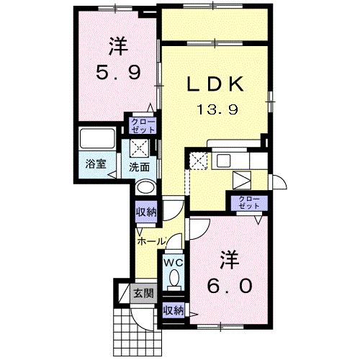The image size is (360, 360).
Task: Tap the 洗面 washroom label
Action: [140, 166]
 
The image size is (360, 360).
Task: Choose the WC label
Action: [174, 264]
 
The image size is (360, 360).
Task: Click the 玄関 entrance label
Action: [142, 293]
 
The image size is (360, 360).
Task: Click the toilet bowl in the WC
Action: [174, 281]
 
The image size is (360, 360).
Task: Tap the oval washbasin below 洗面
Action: [145, 186]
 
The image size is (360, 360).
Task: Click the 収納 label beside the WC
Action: [173, 310]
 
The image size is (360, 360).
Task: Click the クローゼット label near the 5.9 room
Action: [143, 126]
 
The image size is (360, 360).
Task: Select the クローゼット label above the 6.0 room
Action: [248, 202]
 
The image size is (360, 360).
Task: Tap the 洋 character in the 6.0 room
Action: [230, 257]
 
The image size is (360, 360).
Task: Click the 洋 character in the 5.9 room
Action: [118, 46]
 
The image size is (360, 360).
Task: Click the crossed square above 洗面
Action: [140, 148]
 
